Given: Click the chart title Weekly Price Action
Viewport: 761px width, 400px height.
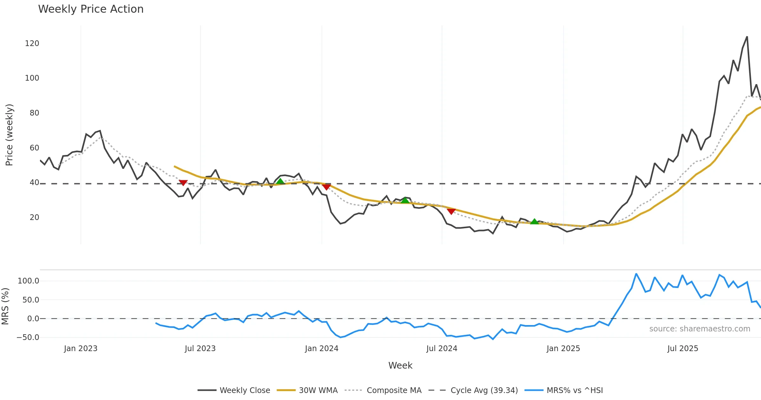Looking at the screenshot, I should [x=91, y=9].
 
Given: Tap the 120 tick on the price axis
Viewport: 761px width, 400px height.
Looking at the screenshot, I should [x=32, y=43].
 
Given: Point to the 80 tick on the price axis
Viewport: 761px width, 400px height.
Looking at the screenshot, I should [x=34, y=113].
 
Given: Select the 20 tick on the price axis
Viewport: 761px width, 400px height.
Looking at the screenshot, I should [x=34, y=217].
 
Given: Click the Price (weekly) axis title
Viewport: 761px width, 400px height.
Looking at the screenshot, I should [x=9, y=135].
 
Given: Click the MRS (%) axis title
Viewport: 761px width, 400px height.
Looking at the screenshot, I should [x=5, y=306].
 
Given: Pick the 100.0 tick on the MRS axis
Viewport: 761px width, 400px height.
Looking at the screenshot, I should [x=28, y=281].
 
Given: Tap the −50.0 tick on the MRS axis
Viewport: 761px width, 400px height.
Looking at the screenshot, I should [x=28, y=337].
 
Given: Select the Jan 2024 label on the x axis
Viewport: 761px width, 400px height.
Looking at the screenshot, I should [x=322, y=349].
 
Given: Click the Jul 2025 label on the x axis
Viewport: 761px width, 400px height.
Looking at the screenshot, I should [x=683, y=349].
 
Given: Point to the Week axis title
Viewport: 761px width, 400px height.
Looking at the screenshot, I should [x=400, y=366].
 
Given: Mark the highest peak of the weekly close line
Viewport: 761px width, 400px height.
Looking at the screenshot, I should [x=747, y=37].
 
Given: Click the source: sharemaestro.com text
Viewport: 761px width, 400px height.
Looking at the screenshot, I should [x=699, y=329].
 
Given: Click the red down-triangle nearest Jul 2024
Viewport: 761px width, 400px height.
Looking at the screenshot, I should [x=451, y=211].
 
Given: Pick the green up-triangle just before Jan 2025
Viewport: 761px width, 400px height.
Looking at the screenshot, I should [x=535, y=222].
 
